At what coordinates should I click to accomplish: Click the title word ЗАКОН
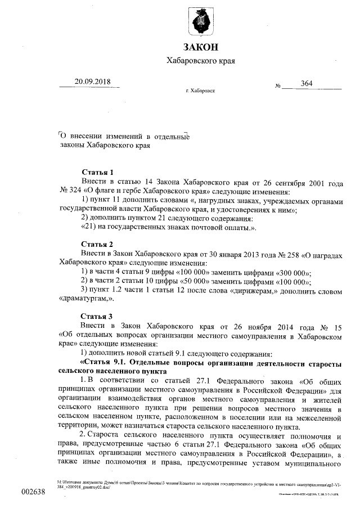[200, 46]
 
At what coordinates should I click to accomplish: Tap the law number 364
[307, 84]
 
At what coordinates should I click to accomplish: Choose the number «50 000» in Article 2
[194, 281]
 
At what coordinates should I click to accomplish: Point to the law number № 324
[71, 191]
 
